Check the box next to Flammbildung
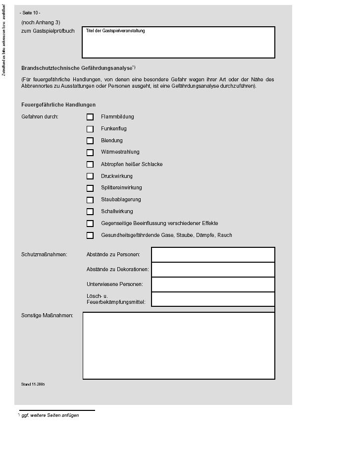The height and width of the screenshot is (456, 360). click(x=90, y=117)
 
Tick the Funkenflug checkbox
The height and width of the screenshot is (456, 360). click(x=90, y=129)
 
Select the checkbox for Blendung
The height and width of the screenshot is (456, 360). click(x=90, y=141)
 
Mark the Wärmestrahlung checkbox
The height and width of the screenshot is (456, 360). click(x=90, y=153)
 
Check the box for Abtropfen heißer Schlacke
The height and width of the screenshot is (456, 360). click(x=90, y=165)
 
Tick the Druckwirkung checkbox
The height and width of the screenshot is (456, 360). click(x=90, y=176)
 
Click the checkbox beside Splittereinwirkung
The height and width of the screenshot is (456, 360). click(x=90, y=188)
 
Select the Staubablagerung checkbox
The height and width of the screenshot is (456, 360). click(x=90, y=200)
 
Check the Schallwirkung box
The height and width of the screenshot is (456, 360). click(x=90, y=212)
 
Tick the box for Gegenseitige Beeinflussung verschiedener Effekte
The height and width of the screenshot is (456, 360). click(x=90, y=224)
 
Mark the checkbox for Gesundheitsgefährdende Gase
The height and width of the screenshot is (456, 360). click(x=90, y=236)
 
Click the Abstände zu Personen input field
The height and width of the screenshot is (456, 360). click(x=213, y=255)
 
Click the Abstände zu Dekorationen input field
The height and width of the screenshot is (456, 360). click(x=213, y=270)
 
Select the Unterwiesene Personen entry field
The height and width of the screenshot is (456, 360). click(x=213, y=285)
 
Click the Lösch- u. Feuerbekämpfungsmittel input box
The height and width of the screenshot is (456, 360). click(x=213, y=299)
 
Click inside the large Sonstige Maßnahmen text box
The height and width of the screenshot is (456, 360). click(x=179, y=345)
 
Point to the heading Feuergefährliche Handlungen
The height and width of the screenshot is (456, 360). click(x=58, y=105)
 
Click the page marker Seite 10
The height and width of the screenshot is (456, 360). click(x=30, y=13)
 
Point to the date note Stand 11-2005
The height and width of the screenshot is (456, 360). click(x=33, y=384)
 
